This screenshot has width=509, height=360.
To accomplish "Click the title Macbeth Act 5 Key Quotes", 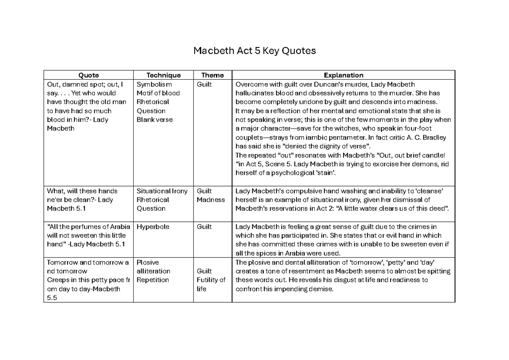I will point(255,51).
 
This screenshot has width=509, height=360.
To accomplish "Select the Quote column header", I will point(89,75).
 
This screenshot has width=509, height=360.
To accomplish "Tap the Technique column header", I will point(163,75).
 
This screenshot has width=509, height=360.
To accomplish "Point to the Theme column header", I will point(213,75).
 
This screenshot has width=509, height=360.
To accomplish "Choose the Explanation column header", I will point(343,75).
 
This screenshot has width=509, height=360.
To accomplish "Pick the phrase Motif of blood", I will point(158,93).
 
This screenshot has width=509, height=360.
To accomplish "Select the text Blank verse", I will point(154,120).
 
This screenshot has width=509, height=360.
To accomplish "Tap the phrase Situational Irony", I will point(162,191).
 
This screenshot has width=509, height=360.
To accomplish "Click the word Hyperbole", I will point(153,226).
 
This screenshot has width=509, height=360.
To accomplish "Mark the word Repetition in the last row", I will point(153,280).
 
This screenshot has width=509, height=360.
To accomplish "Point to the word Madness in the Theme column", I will point(211,200).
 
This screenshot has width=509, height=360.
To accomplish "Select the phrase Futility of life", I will point(211,284).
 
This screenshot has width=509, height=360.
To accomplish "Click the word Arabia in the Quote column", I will point(119,226).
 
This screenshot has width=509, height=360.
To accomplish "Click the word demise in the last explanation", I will point(322,289).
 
